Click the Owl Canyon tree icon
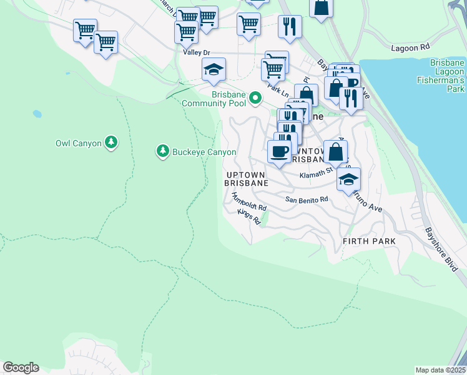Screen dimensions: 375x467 (x=111, y=142)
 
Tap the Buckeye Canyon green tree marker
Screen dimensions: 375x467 (x=162, y=151)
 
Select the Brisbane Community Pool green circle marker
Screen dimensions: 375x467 (x=255, y=98)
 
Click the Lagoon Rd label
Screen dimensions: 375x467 (x=411, y=47)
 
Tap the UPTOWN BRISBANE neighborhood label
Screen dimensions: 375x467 (x=246, y=179)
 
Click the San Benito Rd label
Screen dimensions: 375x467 (x=307, y=199)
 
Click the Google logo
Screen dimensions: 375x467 (x=21, y=367)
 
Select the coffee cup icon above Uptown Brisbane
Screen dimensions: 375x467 (x=278, y=150)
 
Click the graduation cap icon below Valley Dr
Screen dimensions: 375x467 (x=214, y=70)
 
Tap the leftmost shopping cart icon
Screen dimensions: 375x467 (x=85, y=29)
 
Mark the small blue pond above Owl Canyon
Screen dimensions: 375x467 (x=37, y=114)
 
